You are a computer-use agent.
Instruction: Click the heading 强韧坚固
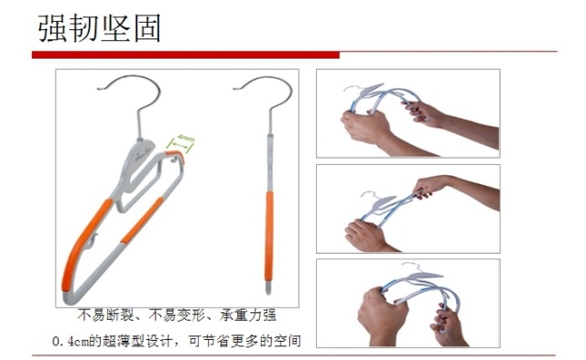click(x=100, y=28)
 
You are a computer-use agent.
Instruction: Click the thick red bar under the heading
click(x=186, y=55)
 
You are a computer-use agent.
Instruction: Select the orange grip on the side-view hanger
click(x=269, y=236)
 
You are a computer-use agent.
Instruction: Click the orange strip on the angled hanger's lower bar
click(x=142, y=221)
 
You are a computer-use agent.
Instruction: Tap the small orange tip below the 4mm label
click(x=176, y=156)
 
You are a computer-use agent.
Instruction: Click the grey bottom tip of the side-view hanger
click(x=268, y=288)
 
